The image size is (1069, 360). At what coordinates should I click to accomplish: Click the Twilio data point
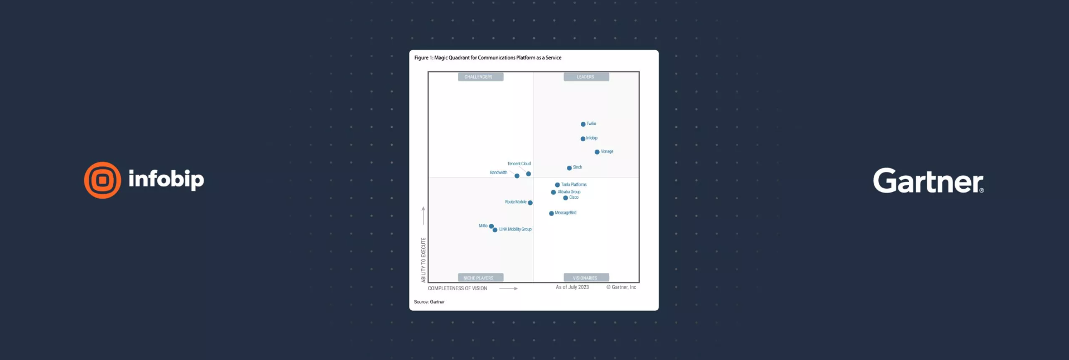tap(583, 124)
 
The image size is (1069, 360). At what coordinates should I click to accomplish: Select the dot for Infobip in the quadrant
tap(583, 139)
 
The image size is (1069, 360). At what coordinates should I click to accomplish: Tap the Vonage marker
tap(597, 152)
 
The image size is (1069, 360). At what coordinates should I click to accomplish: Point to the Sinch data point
tap(569, 168)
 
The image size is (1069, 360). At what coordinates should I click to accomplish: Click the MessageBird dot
tap(551, 213)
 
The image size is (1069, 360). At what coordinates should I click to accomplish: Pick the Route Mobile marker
tap(530, 203)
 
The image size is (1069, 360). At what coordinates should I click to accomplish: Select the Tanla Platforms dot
tap(557, 185)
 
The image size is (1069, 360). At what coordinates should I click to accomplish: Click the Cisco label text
tap(574, 198)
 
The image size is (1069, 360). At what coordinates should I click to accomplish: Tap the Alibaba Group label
tap(569, 192)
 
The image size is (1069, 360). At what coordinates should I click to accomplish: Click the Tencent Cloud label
tap(519, 164)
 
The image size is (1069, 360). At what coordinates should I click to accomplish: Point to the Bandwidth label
tap(498, 172)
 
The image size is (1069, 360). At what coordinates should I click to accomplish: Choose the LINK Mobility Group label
tap(515, 229)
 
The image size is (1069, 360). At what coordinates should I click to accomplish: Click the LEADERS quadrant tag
tap(585, 77)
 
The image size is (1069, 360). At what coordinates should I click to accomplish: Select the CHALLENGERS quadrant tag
tap(478, 77)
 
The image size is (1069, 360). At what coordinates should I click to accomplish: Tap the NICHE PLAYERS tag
tap(478, 278)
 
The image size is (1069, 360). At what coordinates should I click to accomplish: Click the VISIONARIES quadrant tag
tap(585, 278)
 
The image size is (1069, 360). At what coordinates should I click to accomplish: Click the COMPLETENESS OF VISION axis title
tap(457, 289)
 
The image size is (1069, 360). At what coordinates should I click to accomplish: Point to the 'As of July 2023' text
tap(572, 287)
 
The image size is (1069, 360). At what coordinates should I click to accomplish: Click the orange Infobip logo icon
tap(103, 180)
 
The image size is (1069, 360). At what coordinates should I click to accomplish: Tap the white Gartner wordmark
tap(928, 181)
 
